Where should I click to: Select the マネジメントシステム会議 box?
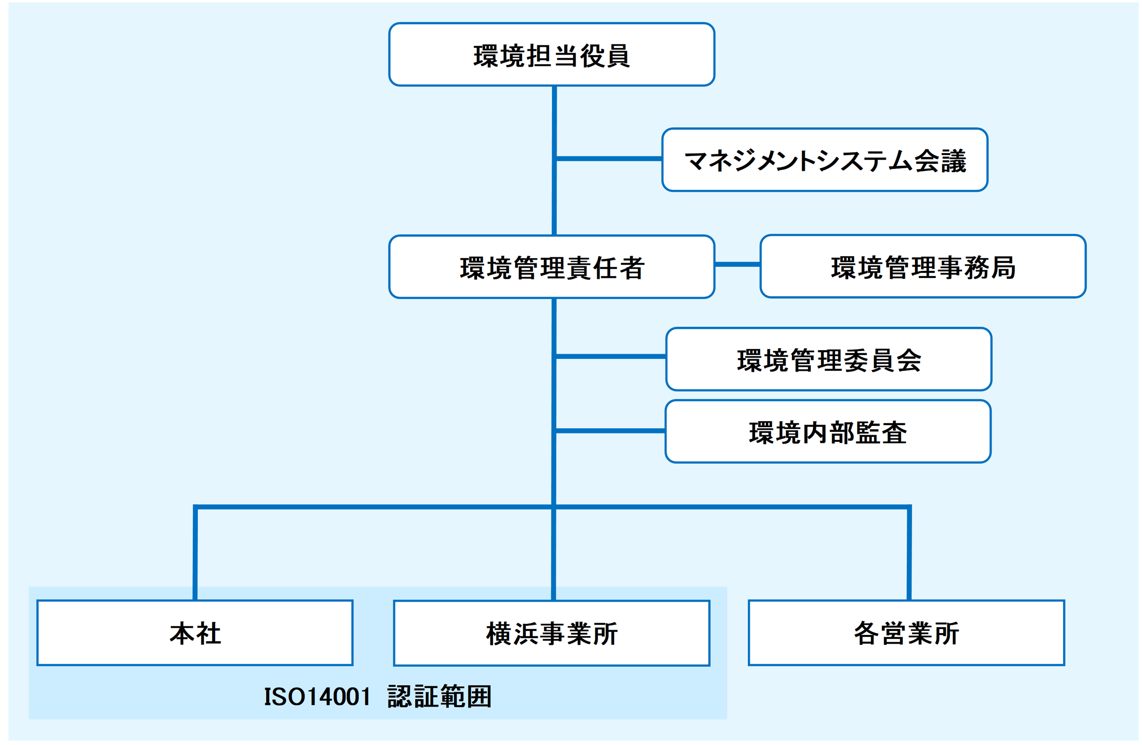pos(824,160)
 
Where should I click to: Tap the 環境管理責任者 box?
pos(552,267)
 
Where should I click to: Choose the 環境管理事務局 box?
pos(923,266)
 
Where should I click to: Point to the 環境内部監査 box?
pos(828,431)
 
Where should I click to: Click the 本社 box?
pos(195,633)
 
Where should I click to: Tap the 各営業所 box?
pos(906,633)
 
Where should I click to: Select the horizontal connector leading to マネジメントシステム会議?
pos(608,158)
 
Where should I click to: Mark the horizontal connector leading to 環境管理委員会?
pos(610,356)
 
